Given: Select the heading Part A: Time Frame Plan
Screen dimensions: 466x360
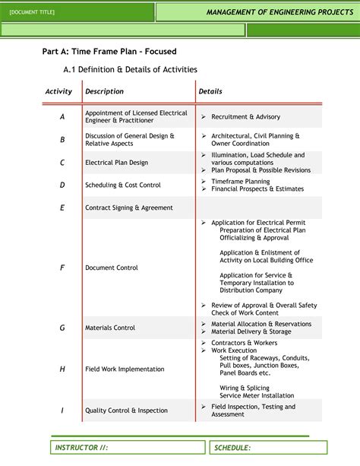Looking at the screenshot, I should coord(109,52).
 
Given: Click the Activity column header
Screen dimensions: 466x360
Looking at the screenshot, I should coord(58,91).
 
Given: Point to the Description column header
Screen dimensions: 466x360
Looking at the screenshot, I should coord(104,91).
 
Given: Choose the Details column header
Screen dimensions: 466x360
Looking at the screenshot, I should coord(210,91).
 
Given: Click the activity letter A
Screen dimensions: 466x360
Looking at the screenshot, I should coord(62,117).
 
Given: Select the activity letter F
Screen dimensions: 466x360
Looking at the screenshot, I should coord(62,268).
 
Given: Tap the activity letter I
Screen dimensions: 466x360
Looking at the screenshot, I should coord(62,411).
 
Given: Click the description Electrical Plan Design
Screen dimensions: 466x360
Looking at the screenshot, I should coord(116,163).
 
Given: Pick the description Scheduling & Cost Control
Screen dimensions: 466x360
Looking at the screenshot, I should coord(123,185).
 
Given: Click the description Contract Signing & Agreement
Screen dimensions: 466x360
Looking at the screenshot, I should coord(129,208).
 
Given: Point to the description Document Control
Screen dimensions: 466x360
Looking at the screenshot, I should coord(112,268).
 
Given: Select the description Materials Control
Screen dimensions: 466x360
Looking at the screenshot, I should coord(110,328).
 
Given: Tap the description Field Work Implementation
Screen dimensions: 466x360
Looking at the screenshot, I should coord(125,369).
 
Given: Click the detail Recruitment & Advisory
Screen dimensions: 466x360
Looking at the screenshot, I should coord(245,117).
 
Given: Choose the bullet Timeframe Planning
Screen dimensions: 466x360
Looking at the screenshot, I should coord(240,182).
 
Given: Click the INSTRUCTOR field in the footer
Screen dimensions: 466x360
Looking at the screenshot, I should coord(81,448).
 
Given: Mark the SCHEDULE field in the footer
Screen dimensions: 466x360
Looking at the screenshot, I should coord(232,448).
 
